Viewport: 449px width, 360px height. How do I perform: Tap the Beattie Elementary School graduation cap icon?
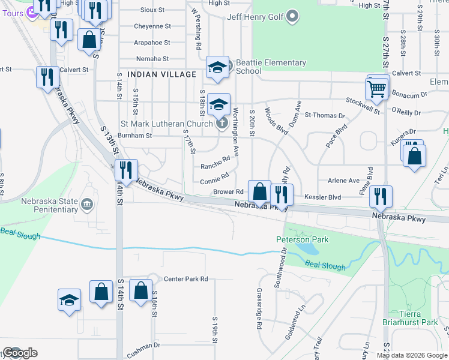click(x=217, y=67)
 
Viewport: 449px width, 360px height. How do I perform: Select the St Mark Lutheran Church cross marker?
click(x=221, y=124)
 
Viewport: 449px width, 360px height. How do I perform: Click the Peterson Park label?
click(x=294, y=239)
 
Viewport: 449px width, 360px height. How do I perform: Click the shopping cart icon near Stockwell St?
click(x=377, y=88)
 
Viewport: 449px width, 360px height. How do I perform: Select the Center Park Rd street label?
click(x=185, y=279)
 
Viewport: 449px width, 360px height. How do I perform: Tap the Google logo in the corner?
click(x=19, y=353)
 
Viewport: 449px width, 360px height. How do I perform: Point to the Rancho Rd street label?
click(x=215, y=163)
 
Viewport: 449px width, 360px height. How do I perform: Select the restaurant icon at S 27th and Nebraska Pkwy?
click(x=381, y=196)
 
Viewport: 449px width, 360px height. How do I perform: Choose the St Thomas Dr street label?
click(x=325, y=115)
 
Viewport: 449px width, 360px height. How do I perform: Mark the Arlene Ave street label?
click(x=343, y=180)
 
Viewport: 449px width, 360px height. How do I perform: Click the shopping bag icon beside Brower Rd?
click(x=260, y=192)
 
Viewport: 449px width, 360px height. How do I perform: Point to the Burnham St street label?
click(x=135, y=136)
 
